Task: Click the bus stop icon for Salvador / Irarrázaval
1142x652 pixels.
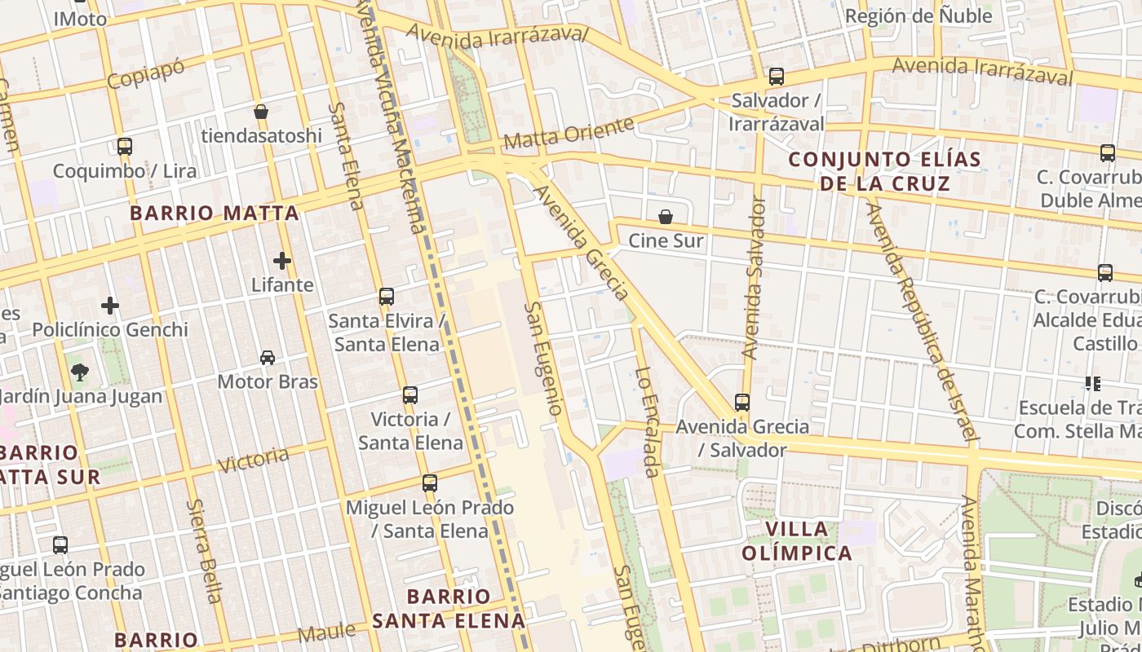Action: click(776, 77)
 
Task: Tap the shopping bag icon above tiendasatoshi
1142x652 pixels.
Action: click(261, 112)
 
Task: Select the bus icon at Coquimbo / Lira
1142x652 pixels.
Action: click(125, 147)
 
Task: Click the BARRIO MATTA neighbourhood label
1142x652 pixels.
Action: click(215, 214)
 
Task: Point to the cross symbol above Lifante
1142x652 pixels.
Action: click(282, 261)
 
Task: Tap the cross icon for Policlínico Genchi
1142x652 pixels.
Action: click(110, 306)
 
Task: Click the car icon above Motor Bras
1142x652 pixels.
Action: click(268, 357)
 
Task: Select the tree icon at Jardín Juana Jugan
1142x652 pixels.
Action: click(80, 372)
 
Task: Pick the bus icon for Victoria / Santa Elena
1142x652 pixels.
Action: click(410, 395)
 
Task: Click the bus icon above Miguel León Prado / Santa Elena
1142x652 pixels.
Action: click(430, 483)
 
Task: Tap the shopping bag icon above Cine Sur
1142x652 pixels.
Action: click(666, 217)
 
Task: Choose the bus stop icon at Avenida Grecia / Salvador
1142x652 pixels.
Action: click(741, 402)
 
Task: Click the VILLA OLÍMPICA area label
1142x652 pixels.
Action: click(797, 541)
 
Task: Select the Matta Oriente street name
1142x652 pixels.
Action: click(569, 134)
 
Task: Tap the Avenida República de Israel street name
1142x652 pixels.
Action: click(921, 323)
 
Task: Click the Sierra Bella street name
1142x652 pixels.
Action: click(203, 551)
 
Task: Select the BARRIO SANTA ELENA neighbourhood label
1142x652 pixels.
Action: click(449, 608)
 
